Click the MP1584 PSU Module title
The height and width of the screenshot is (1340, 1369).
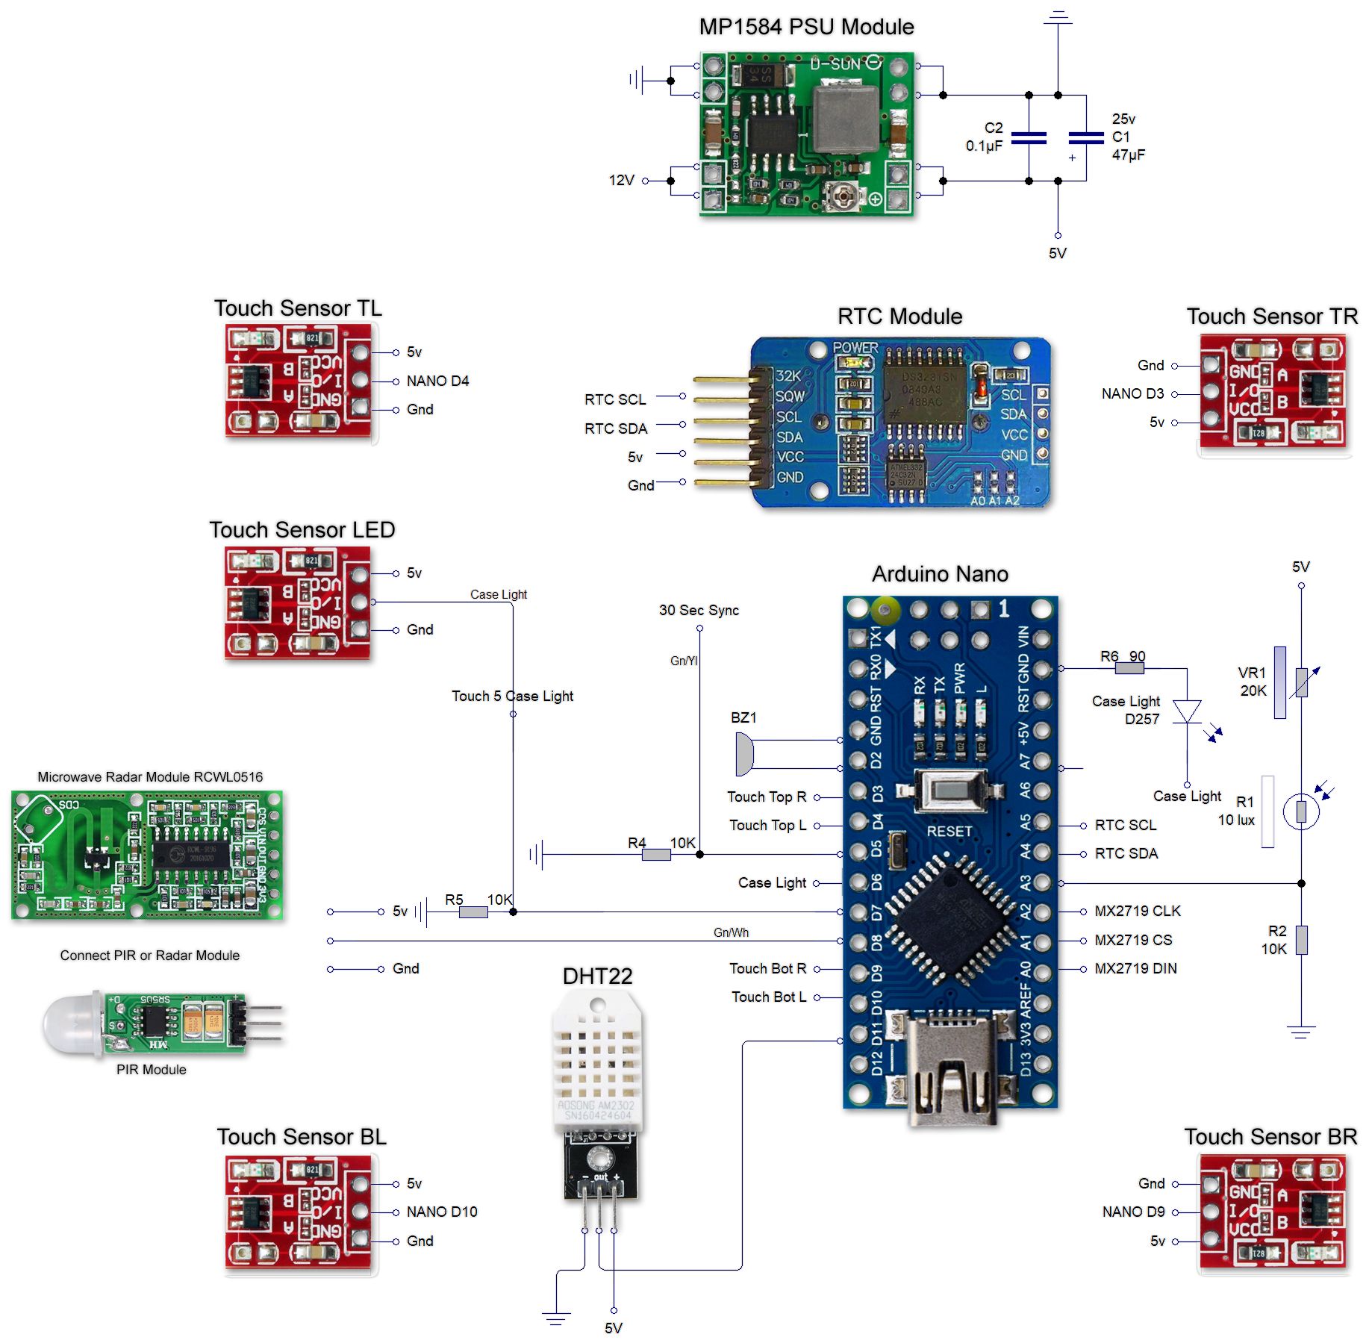click(x=806, y=27)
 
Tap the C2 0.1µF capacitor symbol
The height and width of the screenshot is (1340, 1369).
click(x=1029, y=137)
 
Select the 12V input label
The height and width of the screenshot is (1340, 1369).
click(x=621, y=180)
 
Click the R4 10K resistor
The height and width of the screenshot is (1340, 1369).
click(x=656, y=855)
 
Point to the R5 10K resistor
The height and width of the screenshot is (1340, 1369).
click(x=473, y=911)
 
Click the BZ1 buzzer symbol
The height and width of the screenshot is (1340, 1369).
click(x=744, y=754)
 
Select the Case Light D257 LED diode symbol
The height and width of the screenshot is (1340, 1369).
click(x=1187, y=711)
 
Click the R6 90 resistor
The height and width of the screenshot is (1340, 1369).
click(x=1129, y=669)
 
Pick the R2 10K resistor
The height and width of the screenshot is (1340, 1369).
click(x=1301, y=940)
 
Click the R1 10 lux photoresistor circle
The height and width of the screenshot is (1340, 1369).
click(x=1301, y=811)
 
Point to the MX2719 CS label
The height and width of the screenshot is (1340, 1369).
click(x=1133, y=940)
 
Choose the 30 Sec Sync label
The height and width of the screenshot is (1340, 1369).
click(x=699, y=610)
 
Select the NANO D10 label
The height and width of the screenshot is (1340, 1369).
click(x=442, y=1212)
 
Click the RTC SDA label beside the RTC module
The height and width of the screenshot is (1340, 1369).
click(x=616, y=429)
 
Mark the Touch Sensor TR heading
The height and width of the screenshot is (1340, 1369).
click(x=1272, y=317)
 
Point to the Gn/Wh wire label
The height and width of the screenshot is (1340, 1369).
click(x=731, y=932)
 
